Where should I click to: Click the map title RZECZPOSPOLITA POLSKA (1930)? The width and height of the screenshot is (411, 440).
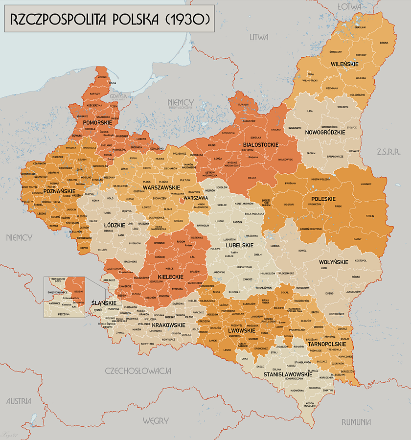[x=110, y=19]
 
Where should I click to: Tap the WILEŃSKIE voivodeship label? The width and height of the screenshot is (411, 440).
[x=344, y=64]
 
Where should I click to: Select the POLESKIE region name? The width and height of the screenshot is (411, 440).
[x=321, y=199]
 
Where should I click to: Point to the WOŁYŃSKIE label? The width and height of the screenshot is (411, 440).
[x=333, y=262]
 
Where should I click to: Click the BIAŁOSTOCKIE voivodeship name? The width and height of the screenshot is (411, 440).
[x=260, y=145]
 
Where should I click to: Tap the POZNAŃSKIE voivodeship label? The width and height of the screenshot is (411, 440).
[x=59, y=191]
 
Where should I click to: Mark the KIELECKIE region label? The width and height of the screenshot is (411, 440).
[x=170, y=277]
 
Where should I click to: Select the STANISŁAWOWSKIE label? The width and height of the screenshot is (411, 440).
[x=288, y=374]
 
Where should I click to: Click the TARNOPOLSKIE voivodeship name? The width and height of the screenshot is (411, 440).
[x=327, y=344]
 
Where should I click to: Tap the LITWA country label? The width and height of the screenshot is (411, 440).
[x=259, y=37]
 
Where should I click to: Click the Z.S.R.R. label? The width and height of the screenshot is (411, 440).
[x=389, y=152]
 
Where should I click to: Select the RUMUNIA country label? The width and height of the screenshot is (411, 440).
[x=356, y=422]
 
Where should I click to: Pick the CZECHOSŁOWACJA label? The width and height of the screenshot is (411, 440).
[x=138, y=371]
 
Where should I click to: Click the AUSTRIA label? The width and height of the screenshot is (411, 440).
[x=19, y=401]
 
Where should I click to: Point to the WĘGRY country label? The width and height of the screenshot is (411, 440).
[x=156, y=420]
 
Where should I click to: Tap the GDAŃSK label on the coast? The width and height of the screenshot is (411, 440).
[x=118, y=96]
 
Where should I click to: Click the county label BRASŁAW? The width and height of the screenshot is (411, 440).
[x=360, y=27]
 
